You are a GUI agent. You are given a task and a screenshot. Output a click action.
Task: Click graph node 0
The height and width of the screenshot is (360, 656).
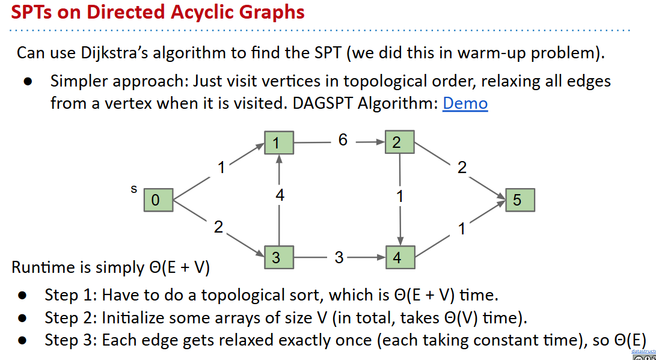(158, 200)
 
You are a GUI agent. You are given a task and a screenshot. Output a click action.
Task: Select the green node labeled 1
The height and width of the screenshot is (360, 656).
(278, 143)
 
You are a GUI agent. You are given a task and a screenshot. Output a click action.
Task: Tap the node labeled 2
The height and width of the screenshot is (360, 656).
(400, 143)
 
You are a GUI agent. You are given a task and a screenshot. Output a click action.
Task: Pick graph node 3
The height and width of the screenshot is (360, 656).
(278, 258)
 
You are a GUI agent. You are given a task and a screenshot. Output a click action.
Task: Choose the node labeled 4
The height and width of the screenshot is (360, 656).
(400, 258)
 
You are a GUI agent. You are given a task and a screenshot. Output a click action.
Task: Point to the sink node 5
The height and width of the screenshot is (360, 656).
(520, 200)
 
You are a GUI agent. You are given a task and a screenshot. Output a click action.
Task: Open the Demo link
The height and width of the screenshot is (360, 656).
(465, 103)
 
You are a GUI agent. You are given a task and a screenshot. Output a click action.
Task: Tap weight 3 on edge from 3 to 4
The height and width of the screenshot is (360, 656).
(339, 258)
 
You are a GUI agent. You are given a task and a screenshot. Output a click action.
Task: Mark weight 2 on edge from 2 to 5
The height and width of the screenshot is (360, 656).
(462, 168)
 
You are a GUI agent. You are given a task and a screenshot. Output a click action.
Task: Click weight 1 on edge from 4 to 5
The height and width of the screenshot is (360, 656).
(462, 229)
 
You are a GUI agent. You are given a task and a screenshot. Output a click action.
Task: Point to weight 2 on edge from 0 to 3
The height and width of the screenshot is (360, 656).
(218, 227)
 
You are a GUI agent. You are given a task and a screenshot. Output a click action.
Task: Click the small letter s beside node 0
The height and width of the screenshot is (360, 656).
(133, 189)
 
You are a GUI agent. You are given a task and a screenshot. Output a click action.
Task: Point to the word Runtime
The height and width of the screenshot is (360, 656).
(38, 267)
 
